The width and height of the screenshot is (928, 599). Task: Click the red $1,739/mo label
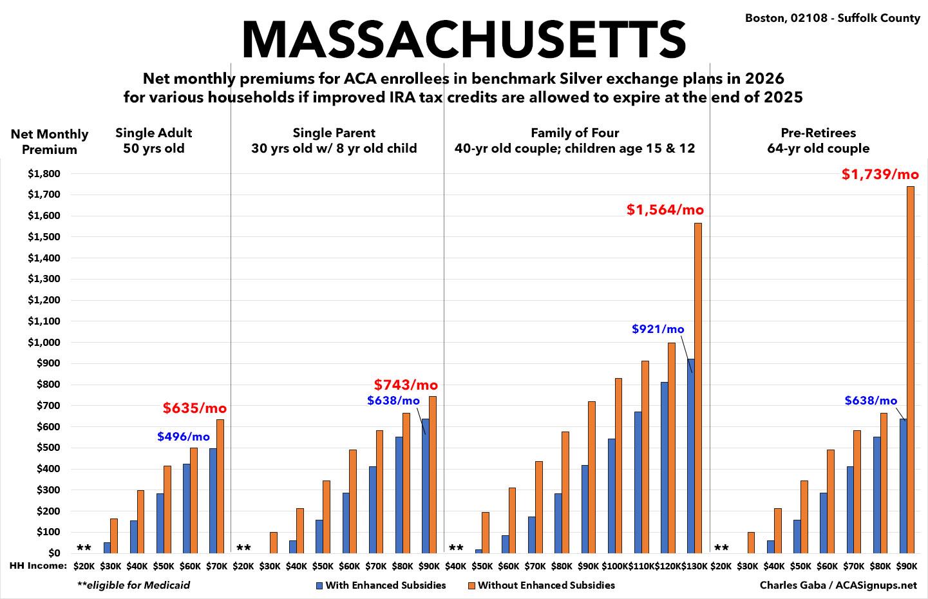click(880, 175)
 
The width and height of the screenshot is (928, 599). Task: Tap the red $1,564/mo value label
click(665, 210)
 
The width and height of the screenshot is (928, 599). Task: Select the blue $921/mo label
click(658, 329)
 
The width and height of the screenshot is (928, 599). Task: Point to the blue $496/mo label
click(184, 437)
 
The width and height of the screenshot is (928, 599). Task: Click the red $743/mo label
click(406, 385)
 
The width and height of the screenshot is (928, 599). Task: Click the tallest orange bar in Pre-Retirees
click(911, 369)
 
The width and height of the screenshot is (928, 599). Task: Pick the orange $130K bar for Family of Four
click(697, 388)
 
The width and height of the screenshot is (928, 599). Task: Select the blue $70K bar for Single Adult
click(213, 500)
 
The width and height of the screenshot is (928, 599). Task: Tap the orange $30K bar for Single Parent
click(273, 542)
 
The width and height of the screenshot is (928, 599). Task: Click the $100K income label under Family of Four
click(615, 566)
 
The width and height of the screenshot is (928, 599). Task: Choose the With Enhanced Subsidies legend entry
click(381, 585)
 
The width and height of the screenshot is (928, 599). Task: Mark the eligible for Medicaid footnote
click(133, 585)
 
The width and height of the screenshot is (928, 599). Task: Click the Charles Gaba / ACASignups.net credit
click(838, 585)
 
